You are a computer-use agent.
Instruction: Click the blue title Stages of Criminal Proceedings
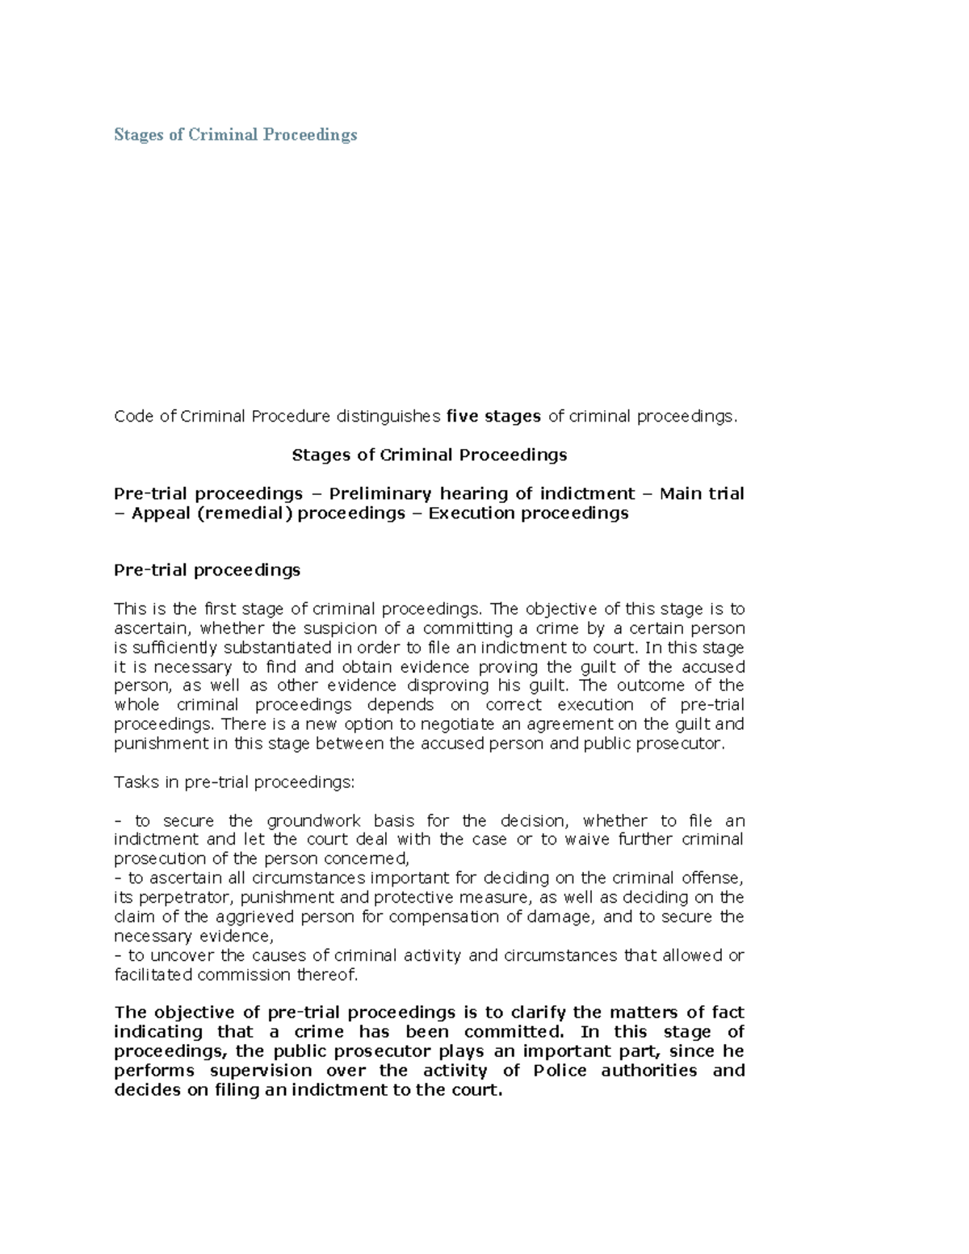tap(235, 135)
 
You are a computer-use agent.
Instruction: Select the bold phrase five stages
tap(493, 417)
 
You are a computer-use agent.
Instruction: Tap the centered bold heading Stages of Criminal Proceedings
tap(429, 455)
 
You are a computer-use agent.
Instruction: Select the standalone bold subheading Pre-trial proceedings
tap(207, 570)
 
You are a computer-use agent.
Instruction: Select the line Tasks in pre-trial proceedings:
tap(234, 782)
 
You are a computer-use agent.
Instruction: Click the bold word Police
tap(560, 1072)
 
